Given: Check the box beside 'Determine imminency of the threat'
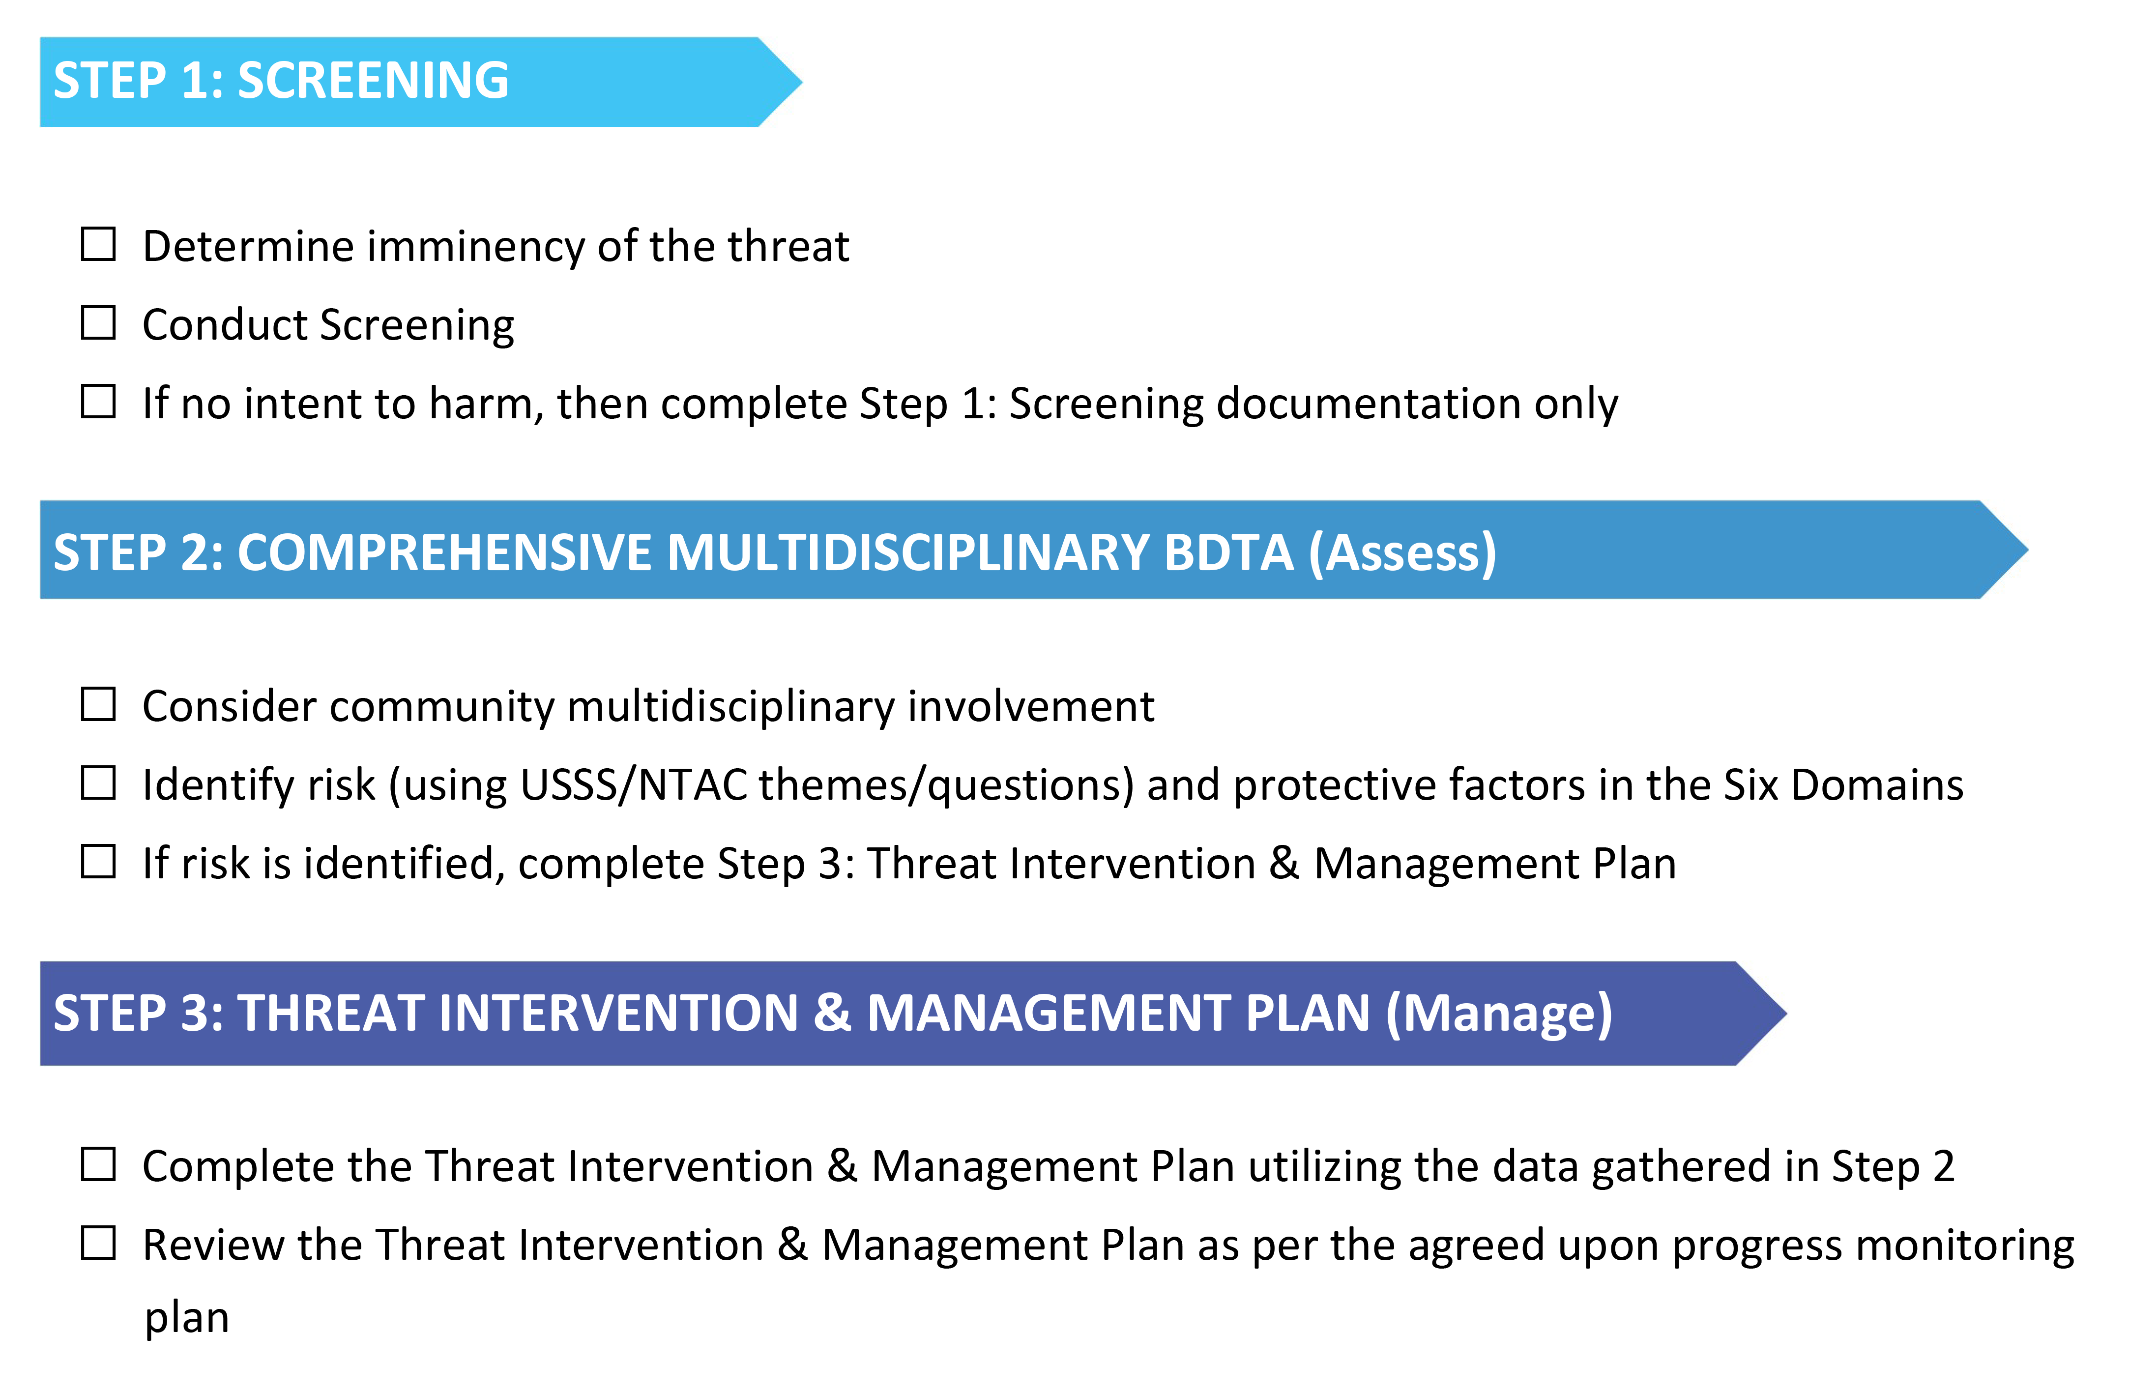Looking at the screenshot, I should click(98, 244).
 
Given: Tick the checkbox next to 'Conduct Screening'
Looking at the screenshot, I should click(98, 323).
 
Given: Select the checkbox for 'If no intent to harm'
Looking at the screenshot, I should click(98, 402).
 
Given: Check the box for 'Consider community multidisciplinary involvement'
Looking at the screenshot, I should click(98, 705).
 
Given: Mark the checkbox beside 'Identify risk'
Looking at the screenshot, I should click(98, 783).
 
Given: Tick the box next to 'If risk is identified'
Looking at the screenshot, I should click(98, 862).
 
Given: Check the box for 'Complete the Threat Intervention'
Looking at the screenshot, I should click(98, 1165).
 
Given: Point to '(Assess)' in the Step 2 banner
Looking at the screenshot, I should click(1402, 552).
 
